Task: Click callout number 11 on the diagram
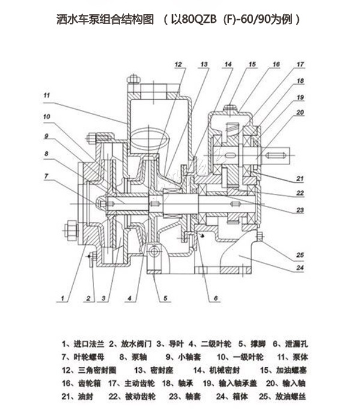click(x=47, y=94)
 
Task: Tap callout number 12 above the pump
click(x=178, y=64)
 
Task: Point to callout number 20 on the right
click(x=300, y=112)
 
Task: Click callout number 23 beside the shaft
click(x=300, y=210)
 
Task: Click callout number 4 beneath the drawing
click(x=129, y=298)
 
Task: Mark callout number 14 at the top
click(x=228, y=64)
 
